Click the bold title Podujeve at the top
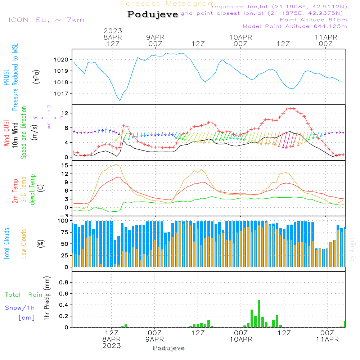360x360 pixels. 153,14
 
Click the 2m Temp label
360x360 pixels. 15,191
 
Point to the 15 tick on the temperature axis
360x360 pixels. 65,165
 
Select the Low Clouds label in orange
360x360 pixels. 24,243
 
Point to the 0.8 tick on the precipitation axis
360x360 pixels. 63,282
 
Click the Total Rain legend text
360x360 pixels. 24,295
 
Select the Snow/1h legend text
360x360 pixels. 20,308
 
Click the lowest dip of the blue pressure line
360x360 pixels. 120,100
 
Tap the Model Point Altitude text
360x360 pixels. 295,26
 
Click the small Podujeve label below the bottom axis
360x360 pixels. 168,348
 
